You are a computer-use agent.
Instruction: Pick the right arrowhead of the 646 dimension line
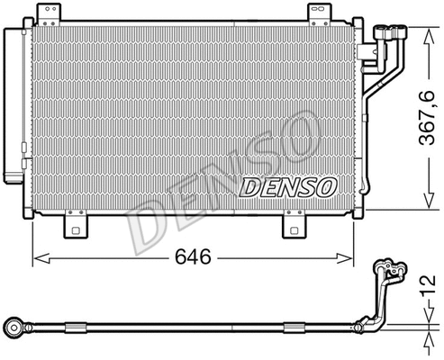coord(363,259)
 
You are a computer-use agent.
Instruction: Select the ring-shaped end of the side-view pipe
coord(14,323)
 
